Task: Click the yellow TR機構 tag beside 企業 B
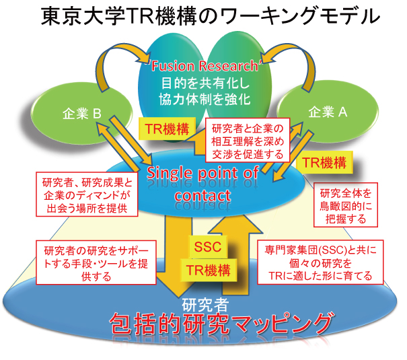(x=167, y=127)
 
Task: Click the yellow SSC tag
(x=207, y=248)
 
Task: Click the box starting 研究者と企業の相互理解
(x=248, y=141)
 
